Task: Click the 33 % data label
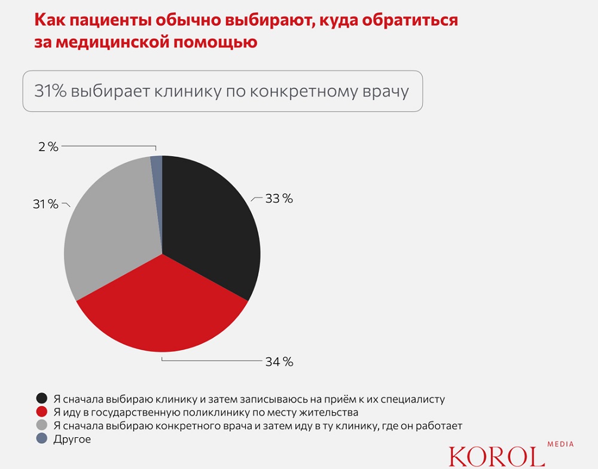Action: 279,199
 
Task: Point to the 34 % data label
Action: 279,362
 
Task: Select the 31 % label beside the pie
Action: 45,205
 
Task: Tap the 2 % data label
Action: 47,147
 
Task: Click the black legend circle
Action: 42,398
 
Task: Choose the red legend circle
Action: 42,412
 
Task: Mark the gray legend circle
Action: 42,425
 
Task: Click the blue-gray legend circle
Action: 42,439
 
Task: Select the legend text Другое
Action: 72,439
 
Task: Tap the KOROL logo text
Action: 496,455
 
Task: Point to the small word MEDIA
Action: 560,444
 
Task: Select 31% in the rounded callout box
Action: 51,92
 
